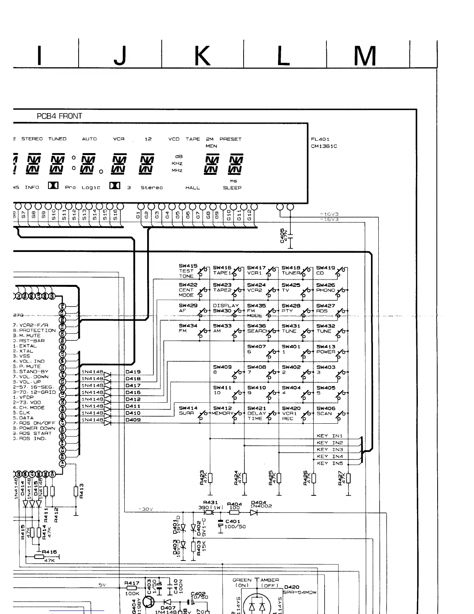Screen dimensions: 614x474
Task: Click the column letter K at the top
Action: coord(202,56)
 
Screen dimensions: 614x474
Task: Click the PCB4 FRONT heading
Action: coord(59,116)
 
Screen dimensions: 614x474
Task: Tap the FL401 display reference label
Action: coord(320,139)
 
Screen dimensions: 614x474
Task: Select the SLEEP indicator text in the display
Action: coord(232,188)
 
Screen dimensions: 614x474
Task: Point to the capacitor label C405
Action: coord(282,235)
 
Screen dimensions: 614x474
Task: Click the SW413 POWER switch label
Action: coord(326,349)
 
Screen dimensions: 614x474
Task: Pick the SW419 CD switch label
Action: coord(325,270)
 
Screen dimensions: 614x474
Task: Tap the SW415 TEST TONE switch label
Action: coord(188,271)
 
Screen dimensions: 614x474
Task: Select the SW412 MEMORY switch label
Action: coord(222,410)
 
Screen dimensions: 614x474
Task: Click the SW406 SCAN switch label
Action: coord(326,411)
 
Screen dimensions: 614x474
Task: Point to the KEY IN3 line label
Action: coord(330,450)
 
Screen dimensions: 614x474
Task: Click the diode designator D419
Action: coord(133,372)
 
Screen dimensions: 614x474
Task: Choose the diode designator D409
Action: coord(133,420)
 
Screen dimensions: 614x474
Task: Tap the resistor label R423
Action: coord(203,478)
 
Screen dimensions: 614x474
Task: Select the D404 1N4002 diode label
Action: coord(261,504)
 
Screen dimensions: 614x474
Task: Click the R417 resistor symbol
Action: coord(132,588)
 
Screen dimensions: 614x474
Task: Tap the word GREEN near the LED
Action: coord(242,580)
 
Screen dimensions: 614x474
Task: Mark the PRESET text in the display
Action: coord(230,139)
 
